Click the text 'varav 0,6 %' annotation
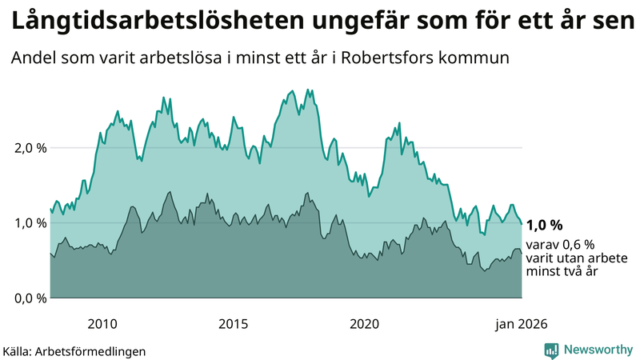559,245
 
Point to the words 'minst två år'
562,272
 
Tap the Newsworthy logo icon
551,350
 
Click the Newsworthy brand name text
596,350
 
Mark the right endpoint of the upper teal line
522,224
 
